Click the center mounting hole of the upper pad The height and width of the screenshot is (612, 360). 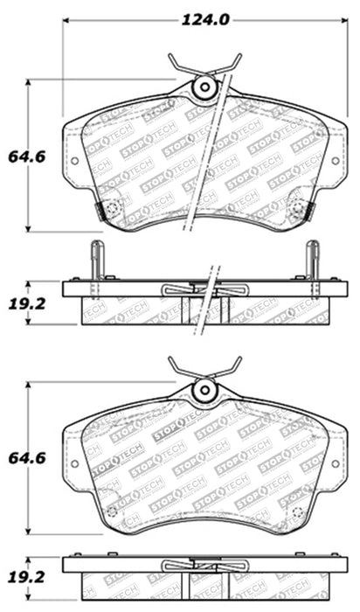pyautogui.click(x=205, y=87)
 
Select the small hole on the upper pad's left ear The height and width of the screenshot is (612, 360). pyautogui.click(x=74, y=160)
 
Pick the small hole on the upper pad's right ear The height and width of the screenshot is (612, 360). pyautogui.click(x=336, y=160)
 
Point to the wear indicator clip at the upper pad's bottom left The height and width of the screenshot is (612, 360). pyautogui.click(x=111, y=209)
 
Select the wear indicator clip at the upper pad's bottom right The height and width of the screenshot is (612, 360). pyautogui.click(x=299, y=209)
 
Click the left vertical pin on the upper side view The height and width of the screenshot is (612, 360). pyautogui.click(x=97, y=260)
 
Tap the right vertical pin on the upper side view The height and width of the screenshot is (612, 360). pyautogui.click(x=313, y=260)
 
